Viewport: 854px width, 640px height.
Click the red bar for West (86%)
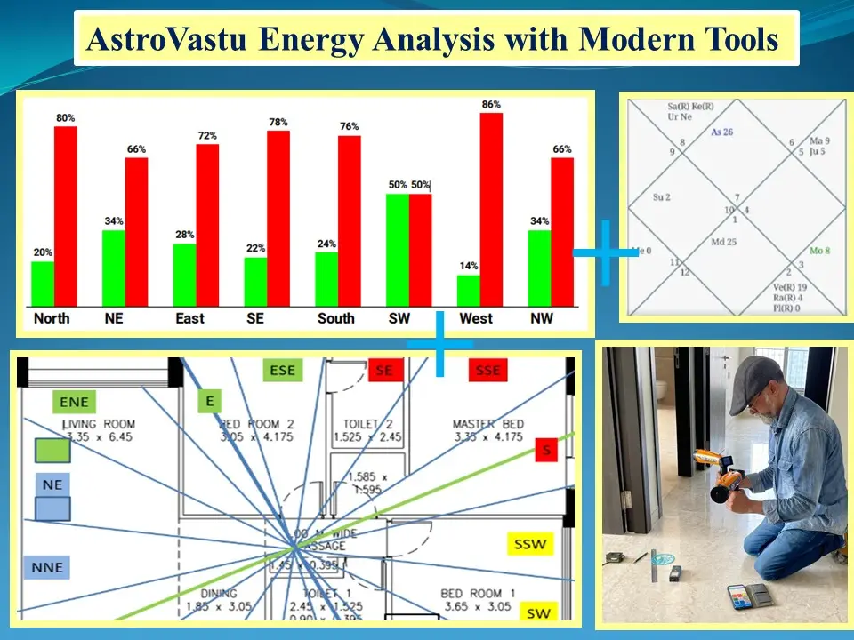[491, 209]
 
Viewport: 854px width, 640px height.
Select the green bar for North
[43, 283]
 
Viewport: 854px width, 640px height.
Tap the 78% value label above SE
[278, 122]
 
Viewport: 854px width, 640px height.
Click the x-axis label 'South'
[336, 318]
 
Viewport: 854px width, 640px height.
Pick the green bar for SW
[397, 250]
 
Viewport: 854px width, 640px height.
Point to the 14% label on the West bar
[469, 266]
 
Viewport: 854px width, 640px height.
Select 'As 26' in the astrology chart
[721, 132]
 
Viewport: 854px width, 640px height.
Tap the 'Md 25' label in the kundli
[723, 242]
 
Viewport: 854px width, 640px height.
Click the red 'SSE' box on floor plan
[488, 371]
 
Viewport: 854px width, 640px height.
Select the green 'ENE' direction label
[74, 403]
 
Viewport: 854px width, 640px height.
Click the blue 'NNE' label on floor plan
[47, 566]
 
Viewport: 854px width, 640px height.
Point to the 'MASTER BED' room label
[487, 424]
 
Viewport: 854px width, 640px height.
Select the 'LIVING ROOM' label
[98, 424]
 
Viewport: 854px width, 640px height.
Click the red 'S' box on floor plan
[546, 451]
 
